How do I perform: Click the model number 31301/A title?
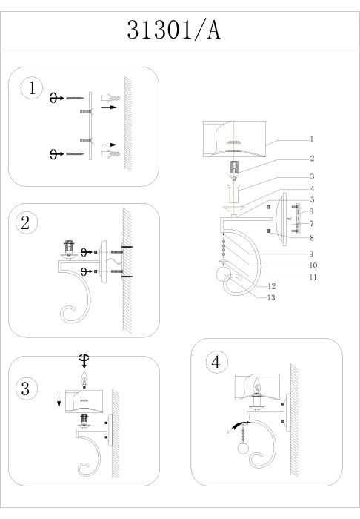173,30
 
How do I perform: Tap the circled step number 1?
32,88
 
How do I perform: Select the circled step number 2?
26,222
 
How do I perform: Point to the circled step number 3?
26,389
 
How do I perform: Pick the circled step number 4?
216,362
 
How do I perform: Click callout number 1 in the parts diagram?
311,139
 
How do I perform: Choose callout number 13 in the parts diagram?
271,297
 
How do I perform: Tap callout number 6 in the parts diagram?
311,211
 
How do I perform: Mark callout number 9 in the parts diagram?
311,254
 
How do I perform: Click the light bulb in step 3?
84,379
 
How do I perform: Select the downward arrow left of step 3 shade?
59,400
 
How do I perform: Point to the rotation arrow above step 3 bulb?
84,361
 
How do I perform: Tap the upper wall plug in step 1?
111,98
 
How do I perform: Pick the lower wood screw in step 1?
76,154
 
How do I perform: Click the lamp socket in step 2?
69,248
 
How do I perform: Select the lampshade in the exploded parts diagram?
234,139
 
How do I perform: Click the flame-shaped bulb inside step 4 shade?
256,386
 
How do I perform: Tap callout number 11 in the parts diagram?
313,277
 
